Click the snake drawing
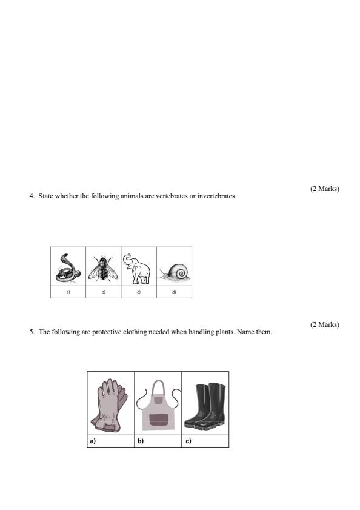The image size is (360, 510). click(x=67, y=267)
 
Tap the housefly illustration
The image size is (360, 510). click(x=104, y=267)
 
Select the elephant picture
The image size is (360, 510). click(x=139, y=267)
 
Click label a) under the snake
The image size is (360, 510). click(x=68, y=292)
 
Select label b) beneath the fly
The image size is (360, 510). click(x=104, y=292)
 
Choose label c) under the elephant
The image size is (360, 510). click(x=139, y=292)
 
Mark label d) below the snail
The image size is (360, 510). click(x=174, y=292)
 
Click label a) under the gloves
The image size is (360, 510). click(x=93, y=441)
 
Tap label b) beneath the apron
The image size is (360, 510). click(x=141, y=441)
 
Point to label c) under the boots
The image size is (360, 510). click(x=188, y=441)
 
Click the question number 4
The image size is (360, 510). click(x=31, y=196)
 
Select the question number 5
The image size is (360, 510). click(x=31, y=332)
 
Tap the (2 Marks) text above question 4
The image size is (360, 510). click(x=324, y=189)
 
